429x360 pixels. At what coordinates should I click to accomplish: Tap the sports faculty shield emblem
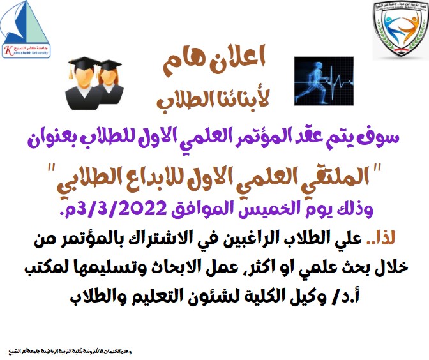(x=400, y=29)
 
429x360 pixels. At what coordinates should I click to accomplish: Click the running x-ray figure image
(x=322, y=80)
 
